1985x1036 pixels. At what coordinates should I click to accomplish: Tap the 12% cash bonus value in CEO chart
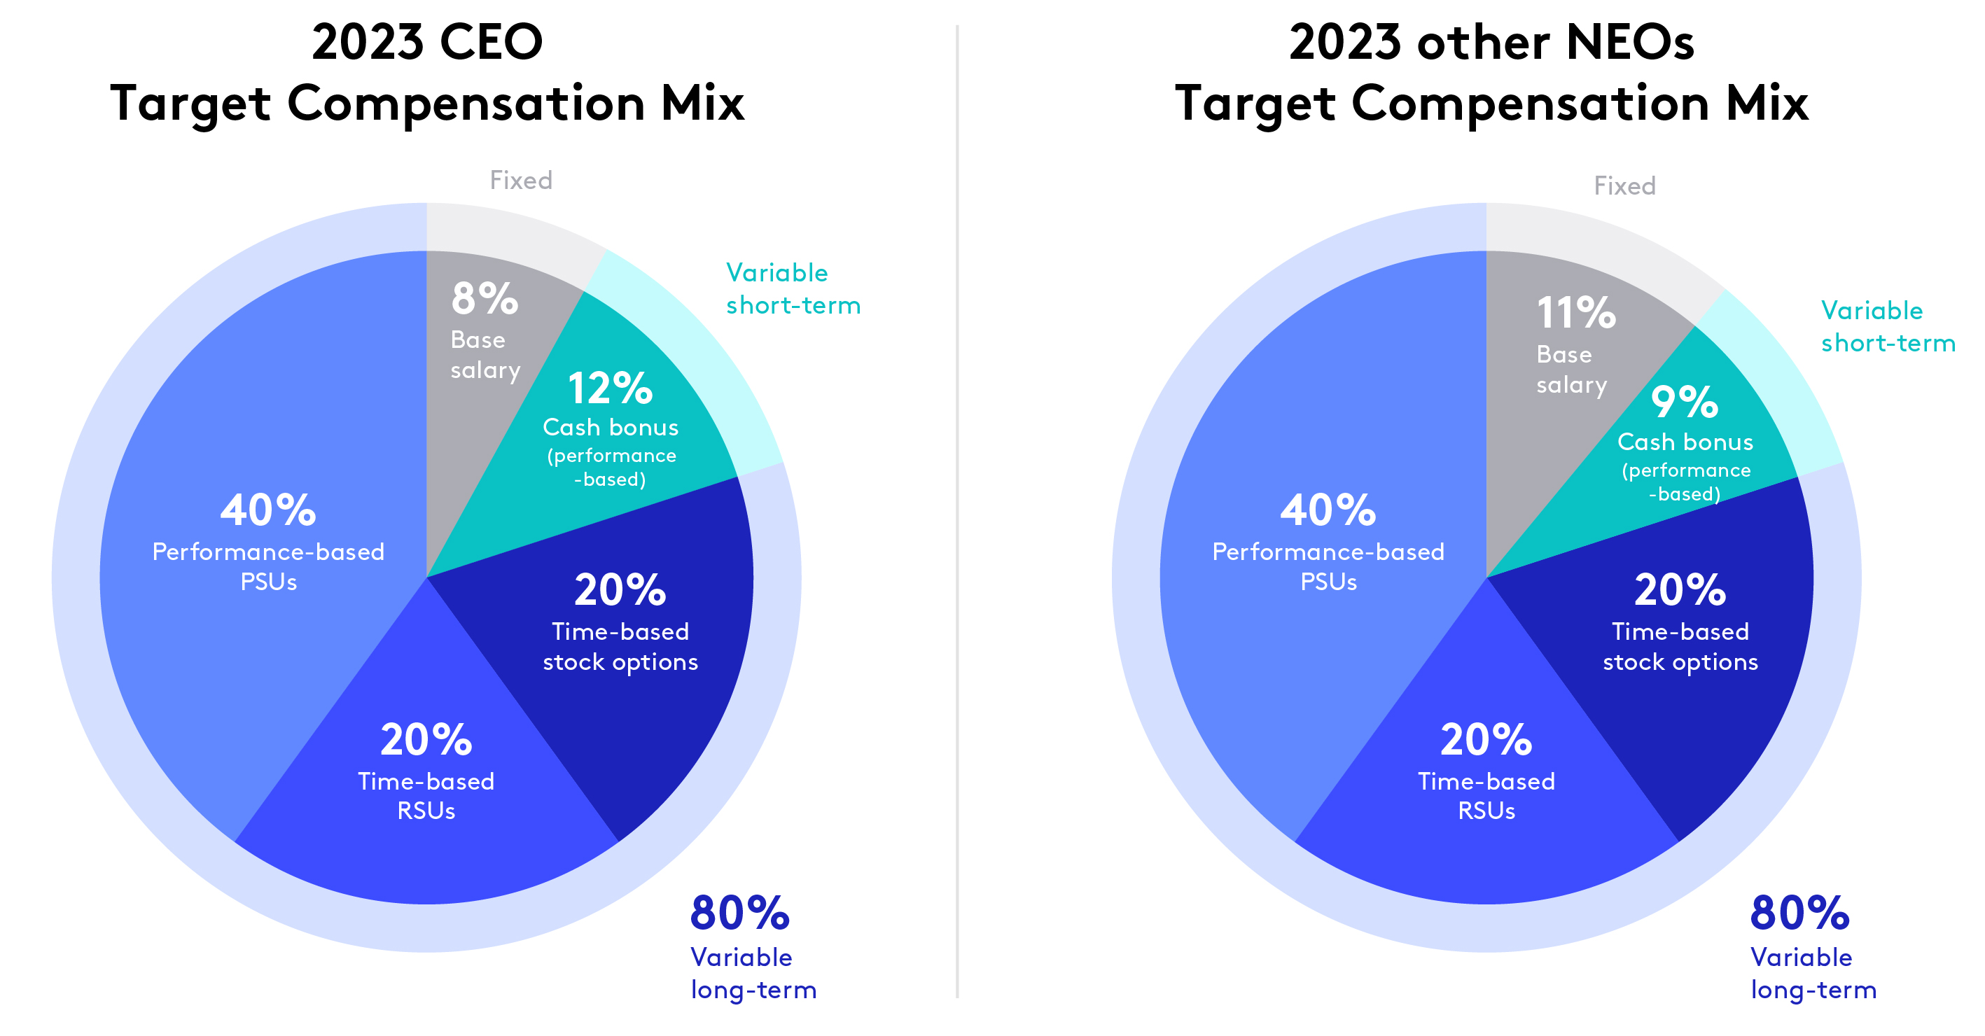(610, 388)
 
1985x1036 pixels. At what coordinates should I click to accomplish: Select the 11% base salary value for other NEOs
(1575, 313)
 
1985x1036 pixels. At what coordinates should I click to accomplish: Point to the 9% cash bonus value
(1684, 402)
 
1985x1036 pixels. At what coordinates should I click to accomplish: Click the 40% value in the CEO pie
(267, 510)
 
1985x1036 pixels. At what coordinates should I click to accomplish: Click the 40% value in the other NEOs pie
(1327, 510)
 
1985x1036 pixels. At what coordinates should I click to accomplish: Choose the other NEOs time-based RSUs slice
(1486, 847)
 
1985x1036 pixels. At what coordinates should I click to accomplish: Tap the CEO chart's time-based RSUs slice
(426, 847)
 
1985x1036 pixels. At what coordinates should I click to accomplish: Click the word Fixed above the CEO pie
(521, 180)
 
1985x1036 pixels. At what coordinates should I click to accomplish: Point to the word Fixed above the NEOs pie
(1624, 185)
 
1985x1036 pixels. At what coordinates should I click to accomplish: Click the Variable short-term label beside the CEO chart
(792, 289)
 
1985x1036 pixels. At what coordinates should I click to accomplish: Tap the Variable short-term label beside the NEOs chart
(1887, 327)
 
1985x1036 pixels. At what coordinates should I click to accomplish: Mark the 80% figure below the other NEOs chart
(1799, 913)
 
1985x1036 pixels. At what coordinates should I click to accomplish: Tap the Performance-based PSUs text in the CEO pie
(267, 566)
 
